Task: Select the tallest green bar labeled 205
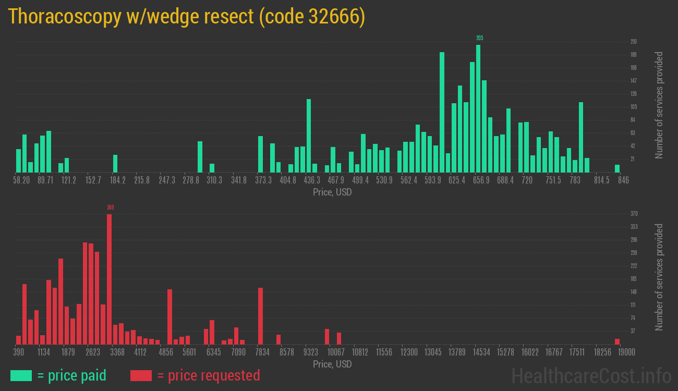pyautogui.click(x=478, y=108)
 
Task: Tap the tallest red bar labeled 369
pyautogui.click(x=110, y=279)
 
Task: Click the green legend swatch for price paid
pyautogui.click(x=21, y=375)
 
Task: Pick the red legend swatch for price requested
pyautogui.click(x=141, y=375)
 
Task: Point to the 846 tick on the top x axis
pyautogui.click(x=623, y=180)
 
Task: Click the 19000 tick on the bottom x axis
pyautogui.click(x=626, y=352)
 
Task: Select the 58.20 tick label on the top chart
pyautogui.click(x=22, y=180)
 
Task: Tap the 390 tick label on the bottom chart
pyautogui.click(x=19, y=352)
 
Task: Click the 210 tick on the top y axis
pyautogui.click(x=633, y=42)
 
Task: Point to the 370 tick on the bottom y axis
pyautogui.click(x=634, y=214)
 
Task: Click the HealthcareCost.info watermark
pyautogui.click(x=591, y=375)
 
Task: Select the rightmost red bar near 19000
pyautogui.click(x=617, y=341)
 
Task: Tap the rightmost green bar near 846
pyautogui.click(x=617, y=168)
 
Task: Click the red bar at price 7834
pyautogui.click(x=260, y=316)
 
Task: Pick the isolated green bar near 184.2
pyautogui.click(x=115, y=163)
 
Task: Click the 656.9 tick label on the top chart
pyautogui.click(x=481, y=180)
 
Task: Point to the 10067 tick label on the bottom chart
pyautogui.click(x=336, y=352)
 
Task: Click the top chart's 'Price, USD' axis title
pyautogui.click(x=332, y=192)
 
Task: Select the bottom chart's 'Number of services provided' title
pyautogui.click(x=659, y=277)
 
